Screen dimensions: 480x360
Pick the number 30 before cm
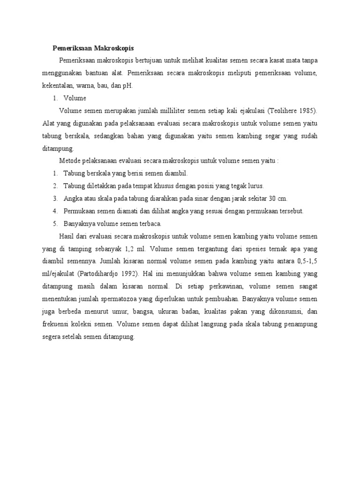click(268, 198)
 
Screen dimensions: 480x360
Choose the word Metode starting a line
click(70, 161)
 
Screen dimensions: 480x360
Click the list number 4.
click(55, 211)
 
